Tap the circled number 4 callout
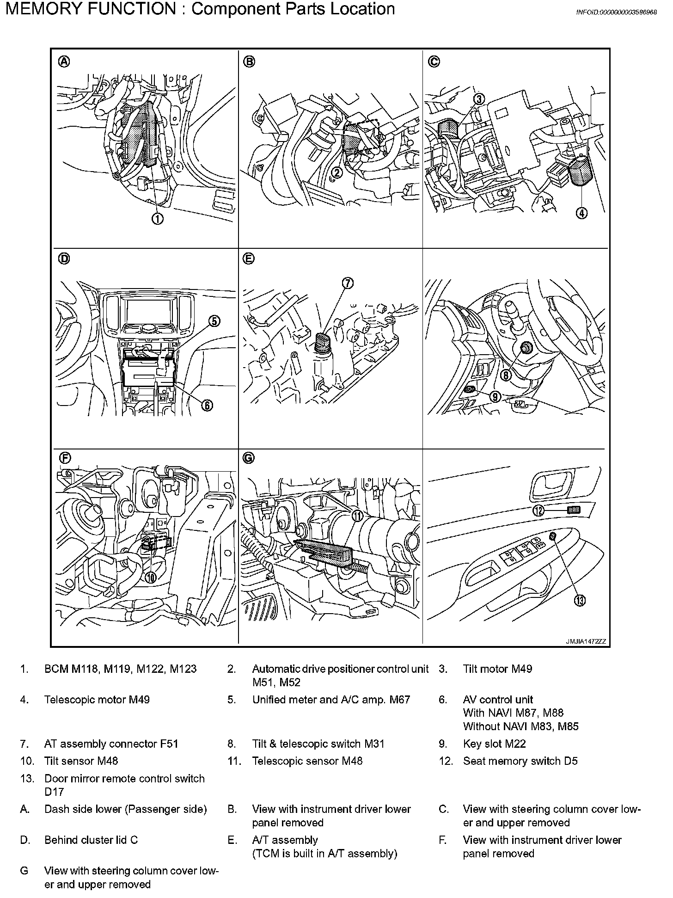tap(581, 213)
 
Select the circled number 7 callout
tap(348, 283)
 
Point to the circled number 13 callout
tap(580, 601)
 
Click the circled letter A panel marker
tap(64, 62)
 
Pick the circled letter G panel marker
tap(249, 458)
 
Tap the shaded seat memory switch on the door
tap(573, 510)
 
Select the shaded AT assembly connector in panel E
tap(321, 342)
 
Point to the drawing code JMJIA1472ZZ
tap(586, 642)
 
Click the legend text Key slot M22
tap(494, 744)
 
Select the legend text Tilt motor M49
tap(497, 669)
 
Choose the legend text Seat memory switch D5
tap(520, 761)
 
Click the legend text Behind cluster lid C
tap(91, 840)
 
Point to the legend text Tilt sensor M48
tap(81, 761)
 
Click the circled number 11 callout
tap(358, 516)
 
